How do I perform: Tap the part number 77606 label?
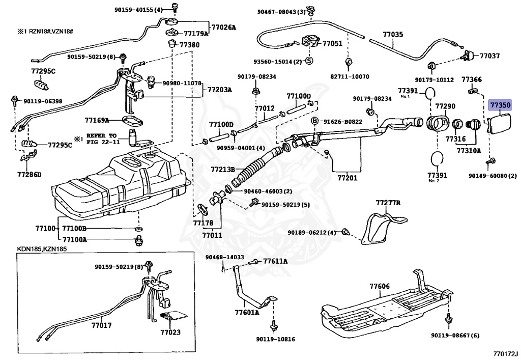(380, 287)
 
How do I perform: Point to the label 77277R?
(388, 203)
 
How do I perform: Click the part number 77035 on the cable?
(393, 35)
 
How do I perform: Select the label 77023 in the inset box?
(170, 333)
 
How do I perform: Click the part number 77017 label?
(101, 324)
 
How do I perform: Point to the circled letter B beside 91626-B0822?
(314, 121)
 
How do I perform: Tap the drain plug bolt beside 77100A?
(138, 239)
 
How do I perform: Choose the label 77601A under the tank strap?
(247, 313)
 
